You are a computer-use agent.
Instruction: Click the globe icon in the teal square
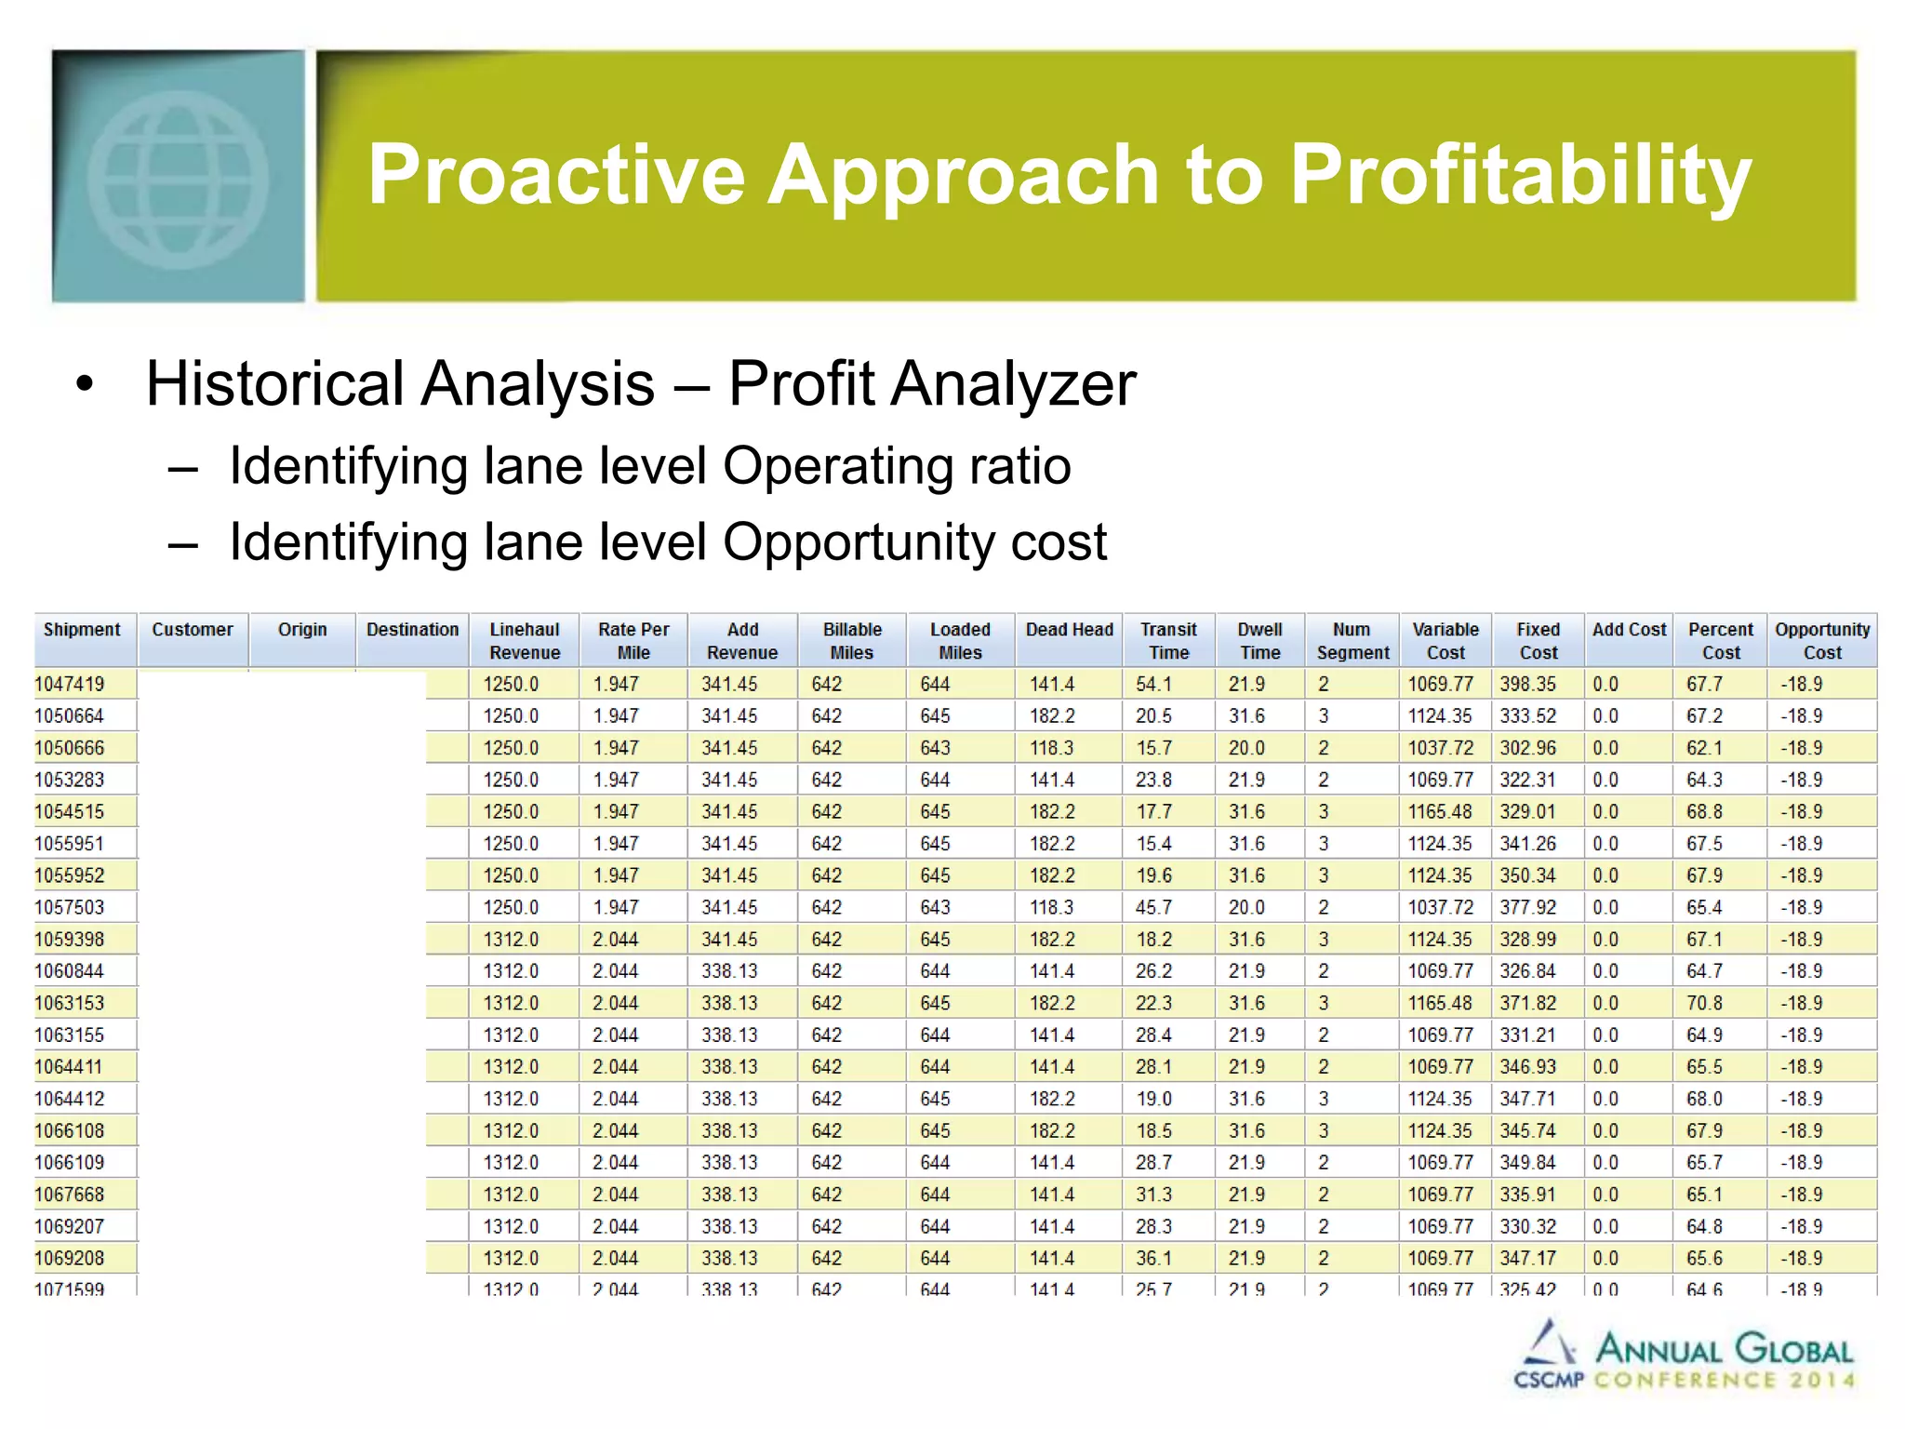pyautogui.click(x=178, y=180)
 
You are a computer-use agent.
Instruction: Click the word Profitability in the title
pyautogui.click(x=1520, y=174)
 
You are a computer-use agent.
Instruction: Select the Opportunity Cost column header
pyautogui.click(x=1821, y=640)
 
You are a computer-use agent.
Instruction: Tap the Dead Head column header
pyautogui.click(x=1069, y=630)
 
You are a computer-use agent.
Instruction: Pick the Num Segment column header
pyautogui.click(x=1352, y=640)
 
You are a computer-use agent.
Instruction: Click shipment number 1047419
pyautogui.click(x=70, y=684)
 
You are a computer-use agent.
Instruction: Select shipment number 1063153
pyautogui.click(x=70, y=1003)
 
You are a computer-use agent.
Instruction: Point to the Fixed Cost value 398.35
pyautogui.click(x=1527, y=684)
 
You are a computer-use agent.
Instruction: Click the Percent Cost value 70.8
pyautogui.click(x=1704, y=1003)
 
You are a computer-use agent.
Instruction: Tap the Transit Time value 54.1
pyautogui.click(x=1153, y=684)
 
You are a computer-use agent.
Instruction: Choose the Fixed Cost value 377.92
pyautogui.click(x=1527, y=907)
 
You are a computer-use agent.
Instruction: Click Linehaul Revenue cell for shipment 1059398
pyautogui.click(x=511, y=939)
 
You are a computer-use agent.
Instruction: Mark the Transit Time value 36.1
pyautogui.click(x=1153, y=1258)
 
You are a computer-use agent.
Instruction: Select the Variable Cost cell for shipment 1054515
pyautogui.click(x=1439, y=811)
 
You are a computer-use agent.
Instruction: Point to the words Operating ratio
pyautogui.click(x=896, y=465)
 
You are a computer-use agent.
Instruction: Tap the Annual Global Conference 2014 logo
pyautogui.click(x=1683, y=1357)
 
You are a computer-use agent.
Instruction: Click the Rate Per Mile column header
pyautogui.click(x=633, y=640)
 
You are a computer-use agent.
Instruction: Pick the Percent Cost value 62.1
pyautogui.click(x=1704, y=748)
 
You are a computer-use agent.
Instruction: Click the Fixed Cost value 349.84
pyautogui.click(x=1527, y=1162)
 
